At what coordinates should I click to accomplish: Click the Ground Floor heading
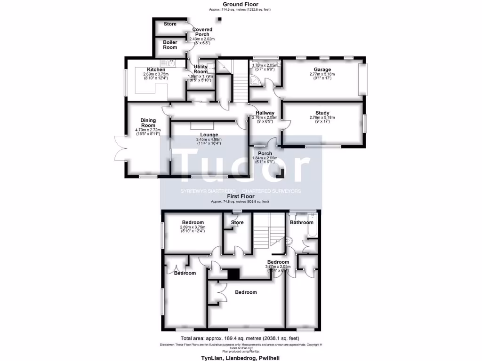[x=240, y=4]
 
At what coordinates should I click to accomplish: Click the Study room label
[x=322, y=112]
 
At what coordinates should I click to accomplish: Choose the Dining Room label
[x=148, y=123]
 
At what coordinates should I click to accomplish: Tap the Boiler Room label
[x=170, y=45]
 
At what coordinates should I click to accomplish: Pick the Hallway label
[x=265, y=113]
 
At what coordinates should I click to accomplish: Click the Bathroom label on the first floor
[x=301, y=222]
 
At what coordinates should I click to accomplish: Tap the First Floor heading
[x=240, y=196]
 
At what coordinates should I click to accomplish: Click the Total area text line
[x=240, y=338]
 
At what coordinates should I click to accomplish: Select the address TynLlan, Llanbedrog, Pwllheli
[x=240, y=358]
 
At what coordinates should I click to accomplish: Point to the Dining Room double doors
[x=120, y=148]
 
